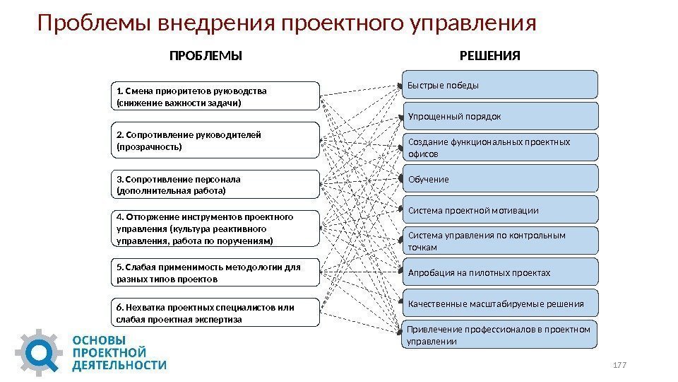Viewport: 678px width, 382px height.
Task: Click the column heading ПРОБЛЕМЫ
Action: click(206, 56)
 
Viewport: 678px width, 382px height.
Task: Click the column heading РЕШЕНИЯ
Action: click(490, 56)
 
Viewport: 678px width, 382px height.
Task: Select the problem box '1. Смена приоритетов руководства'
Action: click(215, 96)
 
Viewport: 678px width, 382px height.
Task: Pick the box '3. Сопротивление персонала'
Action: click(215, 185)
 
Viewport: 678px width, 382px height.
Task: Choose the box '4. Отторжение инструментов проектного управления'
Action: click(215, 228)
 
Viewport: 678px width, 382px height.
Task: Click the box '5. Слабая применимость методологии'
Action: click(215, 273)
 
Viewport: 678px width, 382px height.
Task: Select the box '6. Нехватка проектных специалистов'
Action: click(215, 313)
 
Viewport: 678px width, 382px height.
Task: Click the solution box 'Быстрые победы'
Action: click(500, 84)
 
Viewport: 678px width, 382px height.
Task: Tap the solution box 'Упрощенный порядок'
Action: click(500, 115)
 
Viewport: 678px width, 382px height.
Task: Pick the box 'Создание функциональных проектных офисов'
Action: click(500, 147)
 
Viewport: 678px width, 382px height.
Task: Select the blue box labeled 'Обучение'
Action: click(500, 179)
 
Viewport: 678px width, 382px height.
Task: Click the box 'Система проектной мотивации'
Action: click(500, 210)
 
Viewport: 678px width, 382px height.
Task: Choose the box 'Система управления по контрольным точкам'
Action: click(500, 241)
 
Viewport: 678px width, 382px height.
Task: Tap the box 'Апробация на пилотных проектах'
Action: click(500, 272)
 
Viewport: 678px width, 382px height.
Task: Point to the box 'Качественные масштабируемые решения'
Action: click(500, 303)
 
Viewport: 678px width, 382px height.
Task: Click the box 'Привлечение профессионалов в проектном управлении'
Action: click(500, 335)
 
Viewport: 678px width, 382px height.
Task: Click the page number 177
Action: click(620, 364)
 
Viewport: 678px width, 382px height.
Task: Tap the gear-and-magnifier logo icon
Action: click(40, 352)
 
